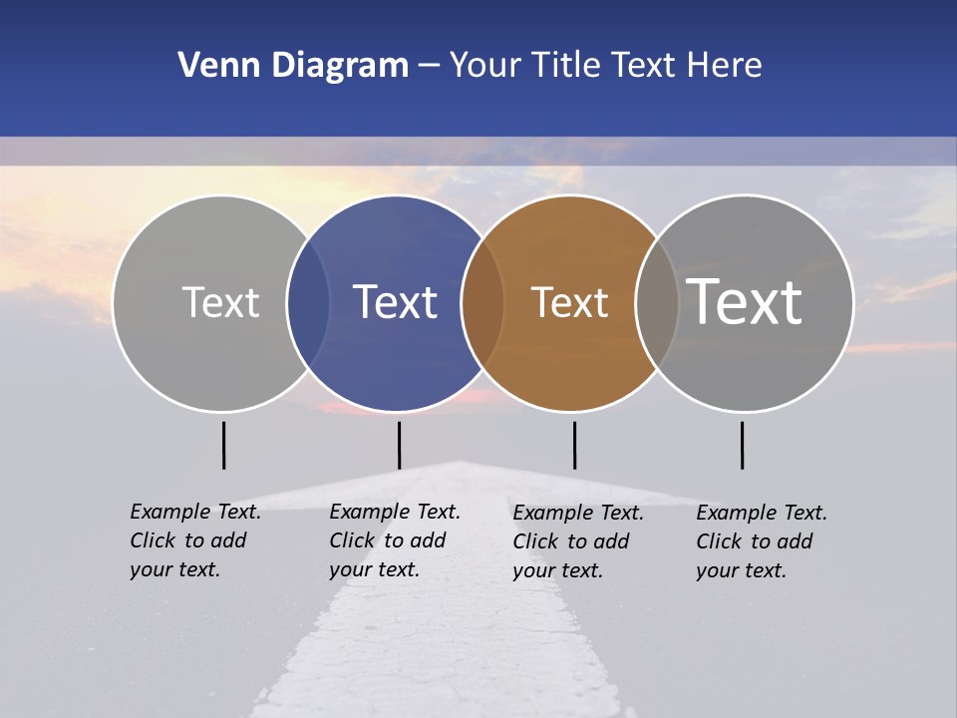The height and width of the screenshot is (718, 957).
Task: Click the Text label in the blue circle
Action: [396, 302]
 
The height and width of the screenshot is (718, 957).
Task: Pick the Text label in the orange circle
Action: [569, 302]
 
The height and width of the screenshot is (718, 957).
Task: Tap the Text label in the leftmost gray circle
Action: [220, 302]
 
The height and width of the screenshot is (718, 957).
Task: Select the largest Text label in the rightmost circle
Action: [745, 301]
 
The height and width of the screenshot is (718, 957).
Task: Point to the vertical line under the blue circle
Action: [399, 445]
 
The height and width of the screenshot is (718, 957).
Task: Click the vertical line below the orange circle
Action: [574, 445]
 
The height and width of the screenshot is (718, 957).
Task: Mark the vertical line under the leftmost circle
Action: [223, 445]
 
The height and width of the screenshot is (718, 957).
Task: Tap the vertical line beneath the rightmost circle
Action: [742, 445]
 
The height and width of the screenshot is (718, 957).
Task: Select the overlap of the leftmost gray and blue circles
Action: [308, 303]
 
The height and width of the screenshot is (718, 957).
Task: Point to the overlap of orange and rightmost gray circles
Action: [657, 303]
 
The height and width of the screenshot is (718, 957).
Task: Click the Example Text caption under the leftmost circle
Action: [195, 540]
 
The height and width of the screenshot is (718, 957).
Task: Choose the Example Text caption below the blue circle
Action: [395, 540]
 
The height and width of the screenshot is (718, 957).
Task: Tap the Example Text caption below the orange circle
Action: [578, 541]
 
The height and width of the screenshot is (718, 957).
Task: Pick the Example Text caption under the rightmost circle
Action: [762, 541]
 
